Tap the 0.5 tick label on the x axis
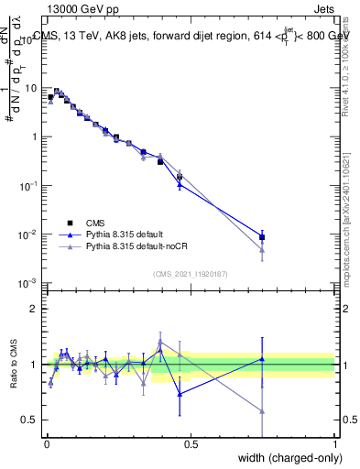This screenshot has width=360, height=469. [x=190, y=443]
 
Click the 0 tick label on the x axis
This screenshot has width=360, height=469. [x=46, y=443]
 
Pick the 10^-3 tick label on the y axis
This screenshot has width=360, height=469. [x=27, y=283]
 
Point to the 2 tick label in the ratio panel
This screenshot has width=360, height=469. [x=34, y=309]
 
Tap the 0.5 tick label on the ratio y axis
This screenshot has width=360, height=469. [x=29, y=420]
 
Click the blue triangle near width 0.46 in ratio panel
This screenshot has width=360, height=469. [x=180, y=394]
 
